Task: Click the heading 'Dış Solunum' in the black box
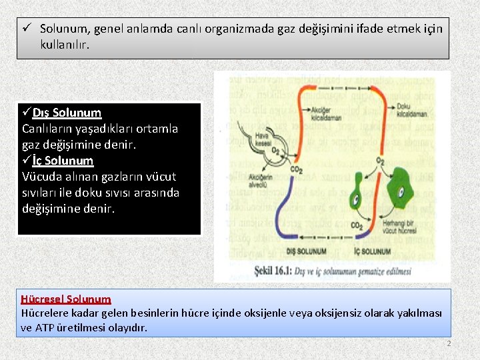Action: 67,113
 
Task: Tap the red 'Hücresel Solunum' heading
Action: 66,299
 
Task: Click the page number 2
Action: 449,343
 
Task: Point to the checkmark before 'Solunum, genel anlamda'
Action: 26,29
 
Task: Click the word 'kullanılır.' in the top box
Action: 65,45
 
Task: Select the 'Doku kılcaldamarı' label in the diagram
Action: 407,109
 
